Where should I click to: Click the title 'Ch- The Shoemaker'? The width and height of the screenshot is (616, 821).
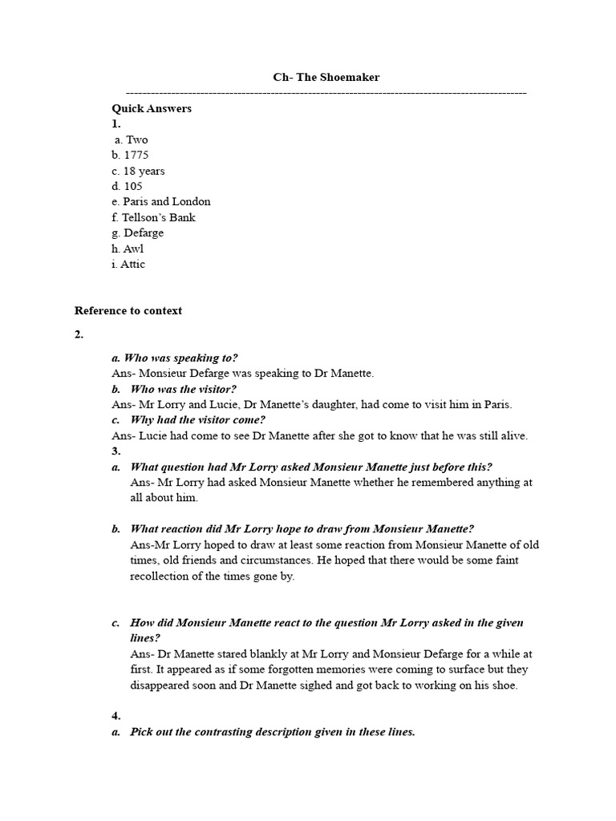point(326,78)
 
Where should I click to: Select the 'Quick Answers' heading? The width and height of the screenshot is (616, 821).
point(152,108)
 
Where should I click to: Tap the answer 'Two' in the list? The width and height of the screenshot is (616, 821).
point(137,140)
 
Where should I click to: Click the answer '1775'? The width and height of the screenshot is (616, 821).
point(136,155)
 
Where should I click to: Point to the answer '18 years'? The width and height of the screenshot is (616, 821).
point(144,171)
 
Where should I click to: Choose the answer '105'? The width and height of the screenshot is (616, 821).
point(133,186)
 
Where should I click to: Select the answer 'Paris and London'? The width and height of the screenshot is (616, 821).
point(167,201)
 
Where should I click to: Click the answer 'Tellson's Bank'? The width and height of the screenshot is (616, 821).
point(159,217)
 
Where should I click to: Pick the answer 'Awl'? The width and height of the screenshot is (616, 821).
point(134,249)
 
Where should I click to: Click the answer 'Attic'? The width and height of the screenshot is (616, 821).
point(132,264)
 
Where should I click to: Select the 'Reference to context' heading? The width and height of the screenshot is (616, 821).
point(128,310)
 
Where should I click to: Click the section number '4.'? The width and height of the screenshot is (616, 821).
point(116,716)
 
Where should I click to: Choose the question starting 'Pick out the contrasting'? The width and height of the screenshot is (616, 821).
point(273,732)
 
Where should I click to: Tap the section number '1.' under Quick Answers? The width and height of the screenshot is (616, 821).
point(116,123)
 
